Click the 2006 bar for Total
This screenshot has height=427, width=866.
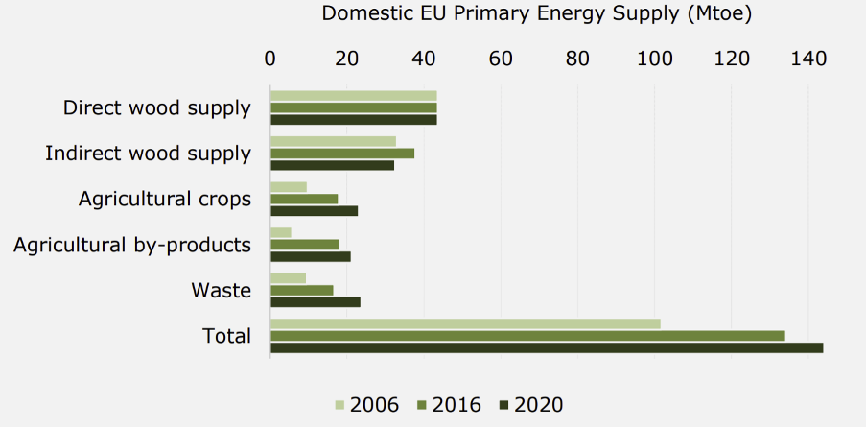pyautogui.click(x=465, y=323)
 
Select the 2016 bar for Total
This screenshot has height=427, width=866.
pyautogui.click(x=527, y=335)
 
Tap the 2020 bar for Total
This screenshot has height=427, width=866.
pyautogui.click(x=547, y=347)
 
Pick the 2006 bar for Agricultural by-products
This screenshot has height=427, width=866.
pyautogui.click(x=281, y=232)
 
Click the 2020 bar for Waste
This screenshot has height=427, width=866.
pyautogui.click(x=316, y=301)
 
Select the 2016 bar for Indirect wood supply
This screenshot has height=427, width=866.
pyautogui.click(x=342, y=154)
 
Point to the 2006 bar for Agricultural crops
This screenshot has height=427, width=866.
pyautogui.click(x=289, y=186)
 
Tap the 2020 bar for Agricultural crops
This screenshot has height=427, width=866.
pyautogui.click(x=314, y=210)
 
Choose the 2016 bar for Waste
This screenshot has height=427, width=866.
pyautogui.click(x=302, y=290)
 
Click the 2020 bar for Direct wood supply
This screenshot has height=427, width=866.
pyautogui.click(x=353, y=120)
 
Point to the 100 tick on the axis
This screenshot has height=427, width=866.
pyautogui.click(x=655, y=59)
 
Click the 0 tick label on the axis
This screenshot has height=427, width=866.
pyautogui.click(x=270, y=59)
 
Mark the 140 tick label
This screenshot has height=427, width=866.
pyautogui.click(x=808, y=59)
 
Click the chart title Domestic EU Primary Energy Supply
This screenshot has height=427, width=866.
pyautogui.click(x=536, y=14)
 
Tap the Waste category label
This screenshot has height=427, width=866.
pyautogui.click(x=221, y=290)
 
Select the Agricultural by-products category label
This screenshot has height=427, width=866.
pyautogui.click(x=132, y=245)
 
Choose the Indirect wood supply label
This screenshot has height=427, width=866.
pyautogui.click(x=148, y=154)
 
